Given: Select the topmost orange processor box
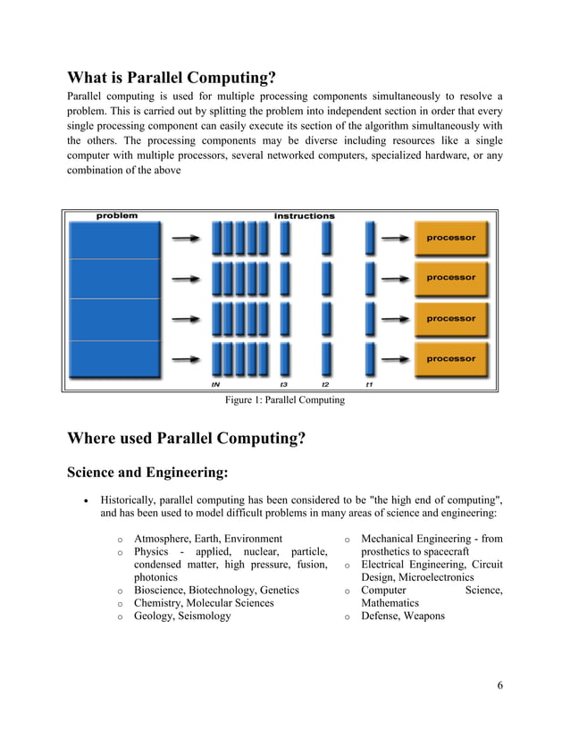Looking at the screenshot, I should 451,239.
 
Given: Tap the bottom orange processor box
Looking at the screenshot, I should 451,359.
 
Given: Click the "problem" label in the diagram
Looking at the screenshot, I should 117,215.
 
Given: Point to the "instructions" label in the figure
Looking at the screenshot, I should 305,215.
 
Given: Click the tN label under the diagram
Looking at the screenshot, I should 215,385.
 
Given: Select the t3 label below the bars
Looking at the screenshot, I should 284,385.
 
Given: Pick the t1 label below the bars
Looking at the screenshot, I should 369,385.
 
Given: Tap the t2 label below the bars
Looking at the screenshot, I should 326,385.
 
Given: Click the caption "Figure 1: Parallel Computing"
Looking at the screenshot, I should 285,400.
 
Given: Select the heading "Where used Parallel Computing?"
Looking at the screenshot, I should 187,438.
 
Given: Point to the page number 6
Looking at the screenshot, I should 500,685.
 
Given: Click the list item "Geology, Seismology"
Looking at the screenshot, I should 182,616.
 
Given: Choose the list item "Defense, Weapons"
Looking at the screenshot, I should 402,616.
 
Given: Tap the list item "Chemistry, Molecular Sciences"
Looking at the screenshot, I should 204,603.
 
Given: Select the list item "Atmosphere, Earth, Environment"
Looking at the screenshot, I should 208,539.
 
